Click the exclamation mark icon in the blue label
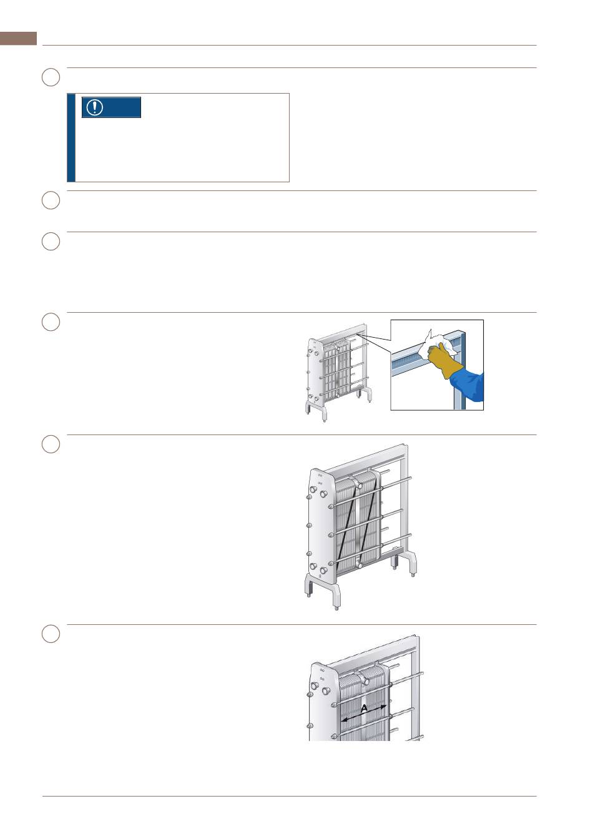(x=94, y=107)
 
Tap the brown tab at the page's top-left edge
(x=18, y=38)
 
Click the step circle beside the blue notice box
(x=51, y=77)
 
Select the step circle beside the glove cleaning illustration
(x=51, y=321)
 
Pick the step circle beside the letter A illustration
(x=51, y=634)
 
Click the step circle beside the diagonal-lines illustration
(x=51, y=444)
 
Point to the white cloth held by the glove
(x=438, y=343)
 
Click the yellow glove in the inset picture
(x=446, y=360)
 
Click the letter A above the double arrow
(x=364, y=709)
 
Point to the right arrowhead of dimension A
(x=383, y=707)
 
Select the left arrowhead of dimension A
(x=345, y=720)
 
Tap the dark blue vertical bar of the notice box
(x=71, y=138)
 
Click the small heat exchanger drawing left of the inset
(x=339, y=373)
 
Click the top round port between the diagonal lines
(x=360, y=486)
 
